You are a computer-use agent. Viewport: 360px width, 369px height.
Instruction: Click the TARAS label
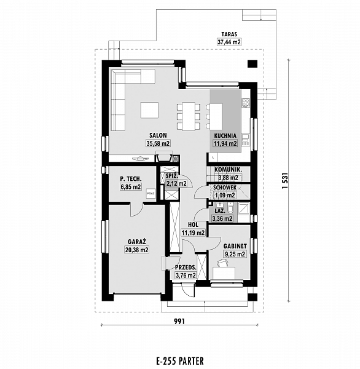pos(229,34)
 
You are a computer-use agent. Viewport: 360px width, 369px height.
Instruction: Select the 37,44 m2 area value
pos(229,42)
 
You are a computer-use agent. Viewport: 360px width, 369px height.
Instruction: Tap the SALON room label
pos(158,135)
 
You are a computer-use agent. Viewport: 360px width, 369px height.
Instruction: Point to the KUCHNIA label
pos(225,136)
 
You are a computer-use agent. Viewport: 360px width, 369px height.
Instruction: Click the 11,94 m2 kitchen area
pos(225,143)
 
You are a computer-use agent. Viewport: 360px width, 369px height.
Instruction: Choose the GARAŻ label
pos(137,242)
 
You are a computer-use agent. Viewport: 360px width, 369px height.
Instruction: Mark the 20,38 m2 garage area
pos(137,250)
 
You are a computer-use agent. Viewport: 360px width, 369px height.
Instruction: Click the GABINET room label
pos(235,246)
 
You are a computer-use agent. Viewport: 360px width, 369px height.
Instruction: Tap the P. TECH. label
pos(131,179)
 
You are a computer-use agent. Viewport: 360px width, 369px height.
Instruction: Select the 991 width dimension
pos(179,321)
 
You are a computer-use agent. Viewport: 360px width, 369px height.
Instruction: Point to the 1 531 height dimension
pos(285,180)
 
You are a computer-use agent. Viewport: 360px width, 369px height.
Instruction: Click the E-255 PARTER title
pos(179,360)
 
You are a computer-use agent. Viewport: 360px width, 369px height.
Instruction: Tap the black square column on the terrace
pos(252,64)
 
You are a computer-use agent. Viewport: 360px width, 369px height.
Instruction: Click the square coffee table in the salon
pos(150,110)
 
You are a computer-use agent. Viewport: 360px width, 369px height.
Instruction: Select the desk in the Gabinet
pos(224,273)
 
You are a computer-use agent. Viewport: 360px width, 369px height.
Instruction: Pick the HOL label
pos(193,225)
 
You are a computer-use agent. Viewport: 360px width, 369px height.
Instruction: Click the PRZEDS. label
pos(186,268)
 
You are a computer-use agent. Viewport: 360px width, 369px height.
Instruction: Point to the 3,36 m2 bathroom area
pos(222,218)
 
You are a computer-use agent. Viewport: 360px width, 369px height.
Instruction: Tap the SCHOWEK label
pos(225,188)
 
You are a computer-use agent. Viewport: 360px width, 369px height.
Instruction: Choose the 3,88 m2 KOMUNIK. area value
pos(228,178)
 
